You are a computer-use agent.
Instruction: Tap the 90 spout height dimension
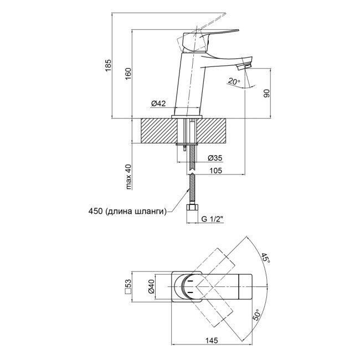[266, 93]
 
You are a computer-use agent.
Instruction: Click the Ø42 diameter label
[160, 104]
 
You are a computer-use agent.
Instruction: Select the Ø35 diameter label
[214, 158]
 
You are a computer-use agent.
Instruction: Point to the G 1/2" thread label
[213, 220]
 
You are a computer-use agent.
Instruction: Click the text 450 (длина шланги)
[127, 210]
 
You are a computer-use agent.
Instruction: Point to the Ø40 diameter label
[150, 287]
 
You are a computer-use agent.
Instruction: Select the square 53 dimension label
[128, 287]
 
